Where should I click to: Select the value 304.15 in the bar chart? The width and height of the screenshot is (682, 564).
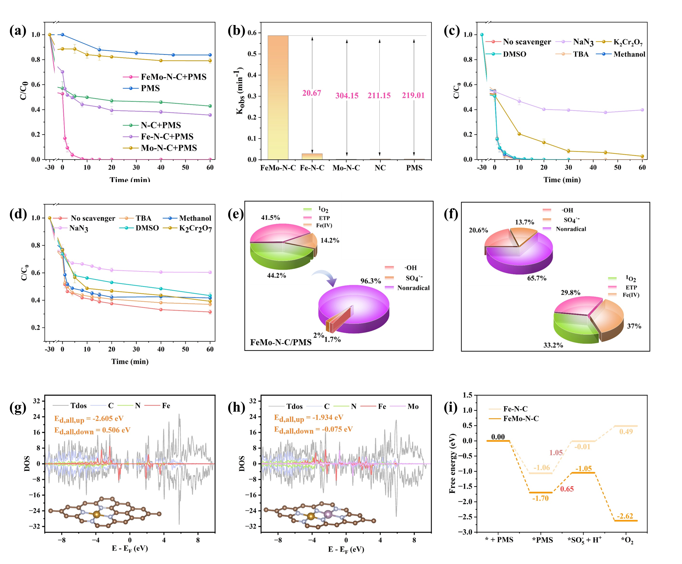pos(347,95)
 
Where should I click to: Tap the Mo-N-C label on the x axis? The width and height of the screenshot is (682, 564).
pos(346,168)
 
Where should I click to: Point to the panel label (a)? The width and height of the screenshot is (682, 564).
pos(18,31)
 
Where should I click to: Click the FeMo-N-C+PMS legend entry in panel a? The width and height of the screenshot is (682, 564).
pos(173,77)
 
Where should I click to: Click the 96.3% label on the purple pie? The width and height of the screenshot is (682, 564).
pos(371,281)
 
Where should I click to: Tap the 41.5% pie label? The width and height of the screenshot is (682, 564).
pos(271,218)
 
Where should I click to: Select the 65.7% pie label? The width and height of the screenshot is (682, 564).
pos(537,278)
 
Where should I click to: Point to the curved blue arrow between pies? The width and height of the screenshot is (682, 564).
pos(325,277)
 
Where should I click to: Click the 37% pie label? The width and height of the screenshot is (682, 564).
pos(634,326)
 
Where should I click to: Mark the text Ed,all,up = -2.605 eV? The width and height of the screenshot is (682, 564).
pos(89,419)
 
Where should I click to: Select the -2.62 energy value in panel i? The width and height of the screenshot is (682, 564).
pos(625,516)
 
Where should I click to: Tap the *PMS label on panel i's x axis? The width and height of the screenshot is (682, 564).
pos(542,540)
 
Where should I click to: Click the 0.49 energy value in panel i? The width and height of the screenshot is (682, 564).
pos(626,432)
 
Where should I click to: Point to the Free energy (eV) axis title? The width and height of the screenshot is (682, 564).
pos(453,463)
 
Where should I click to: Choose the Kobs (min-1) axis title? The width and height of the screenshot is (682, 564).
pos(240,91)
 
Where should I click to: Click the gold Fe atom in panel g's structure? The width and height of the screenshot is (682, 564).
pos(97,515)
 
